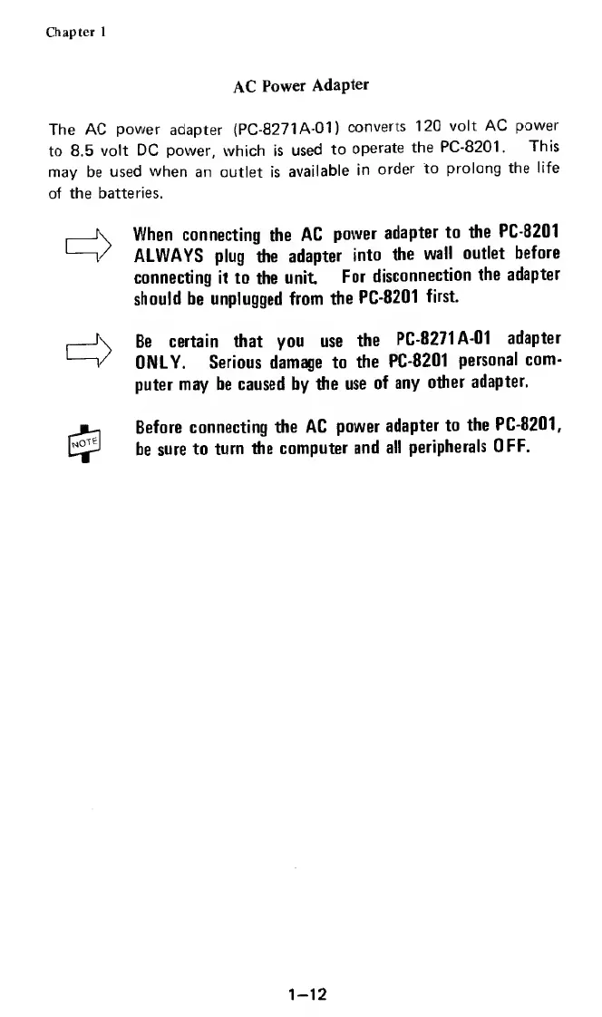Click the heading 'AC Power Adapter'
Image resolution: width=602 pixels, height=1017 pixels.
point(301,86)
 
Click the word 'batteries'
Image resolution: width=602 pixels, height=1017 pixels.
point(132,194)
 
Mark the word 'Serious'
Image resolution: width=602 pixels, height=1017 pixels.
point(240,363)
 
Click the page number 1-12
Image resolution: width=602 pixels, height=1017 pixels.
point(302,968)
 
